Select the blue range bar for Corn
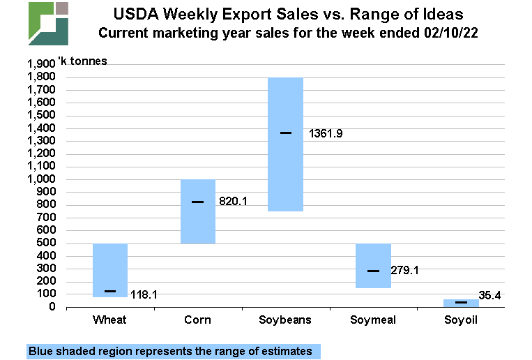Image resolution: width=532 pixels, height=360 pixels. coord(198,223)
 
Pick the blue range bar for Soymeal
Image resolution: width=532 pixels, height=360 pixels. coord(373,251)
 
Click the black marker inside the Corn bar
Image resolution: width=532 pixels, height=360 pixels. coord(198,202)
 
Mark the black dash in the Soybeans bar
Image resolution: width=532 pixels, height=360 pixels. coord(286,133)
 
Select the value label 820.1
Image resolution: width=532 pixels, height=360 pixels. coord(234,202)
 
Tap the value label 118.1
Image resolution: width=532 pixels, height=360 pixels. coord(144,295)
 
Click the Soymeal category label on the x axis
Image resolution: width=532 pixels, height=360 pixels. coord(373,320)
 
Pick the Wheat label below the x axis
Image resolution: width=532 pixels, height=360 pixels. coord(110,320)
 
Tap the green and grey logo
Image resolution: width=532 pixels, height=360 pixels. coord(48,24)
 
